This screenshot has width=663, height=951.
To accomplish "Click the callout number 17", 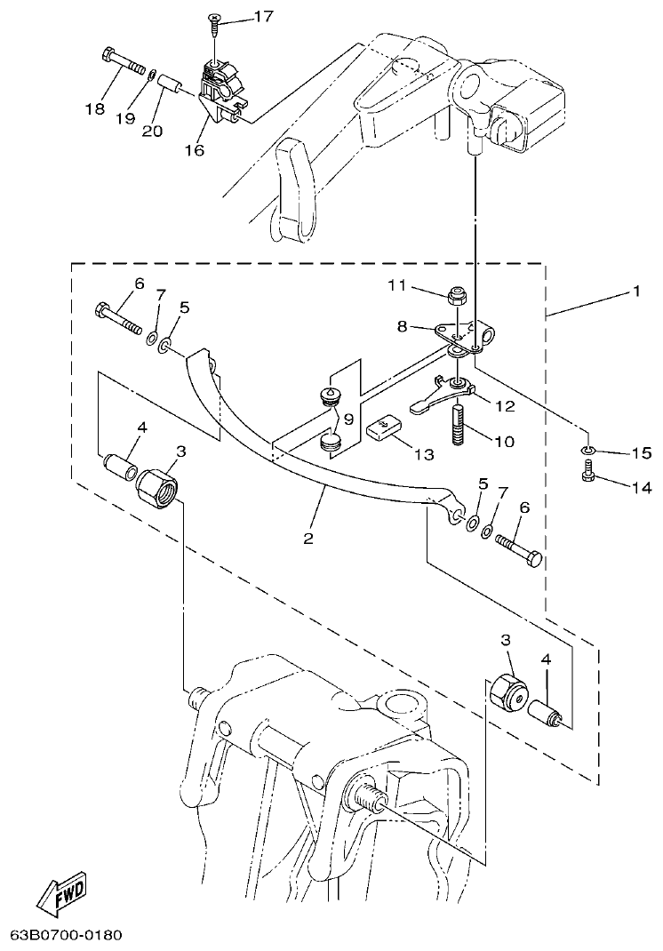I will pos(239,16).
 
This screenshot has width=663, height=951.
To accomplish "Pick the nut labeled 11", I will pos(453,293).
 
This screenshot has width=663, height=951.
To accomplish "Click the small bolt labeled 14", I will pos(587,476).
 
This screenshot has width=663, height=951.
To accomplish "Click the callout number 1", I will pos(635,292).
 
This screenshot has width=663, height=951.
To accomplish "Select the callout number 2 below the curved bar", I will pos(308,539).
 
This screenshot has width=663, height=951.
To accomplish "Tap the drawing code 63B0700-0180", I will pos(66,935).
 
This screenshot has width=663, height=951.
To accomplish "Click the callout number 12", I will pos(505,406).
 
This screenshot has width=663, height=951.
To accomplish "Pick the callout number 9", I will pos(348,418).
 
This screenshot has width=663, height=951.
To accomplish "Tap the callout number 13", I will pos(424,454).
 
